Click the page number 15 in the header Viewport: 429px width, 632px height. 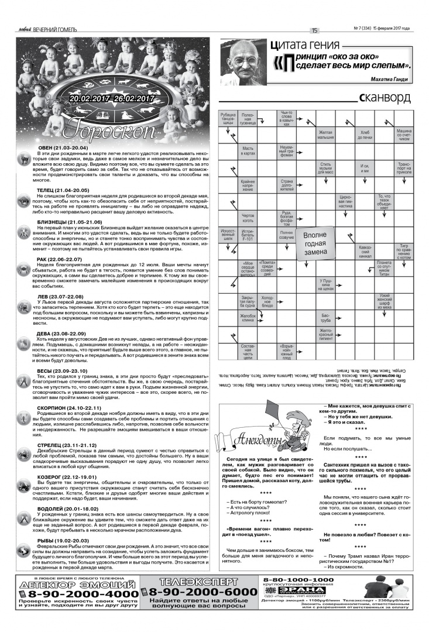(314, 31)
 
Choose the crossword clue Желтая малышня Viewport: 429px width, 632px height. (325, 135)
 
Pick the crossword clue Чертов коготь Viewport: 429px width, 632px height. (248, 218)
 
